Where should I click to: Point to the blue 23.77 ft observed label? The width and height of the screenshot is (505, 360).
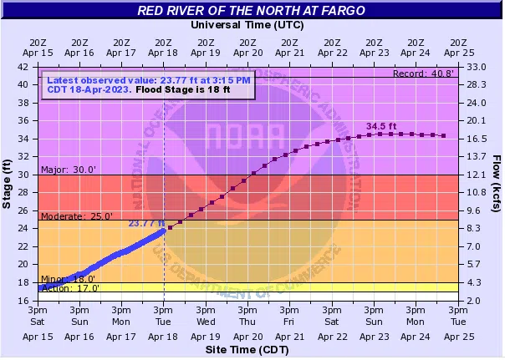coord(145,223)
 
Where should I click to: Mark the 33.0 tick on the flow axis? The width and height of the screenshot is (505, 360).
coord(477,66)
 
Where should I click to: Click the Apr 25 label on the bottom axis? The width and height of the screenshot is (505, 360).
coord(457,336)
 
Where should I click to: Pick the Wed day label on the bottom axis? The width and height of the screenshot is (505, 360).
coord(206,322)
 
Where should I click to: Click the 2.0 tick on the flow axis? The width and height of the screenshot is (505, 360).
coord(474,300)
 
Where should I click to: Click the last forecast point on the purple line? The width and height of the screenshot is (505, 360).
coord(443,135)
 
